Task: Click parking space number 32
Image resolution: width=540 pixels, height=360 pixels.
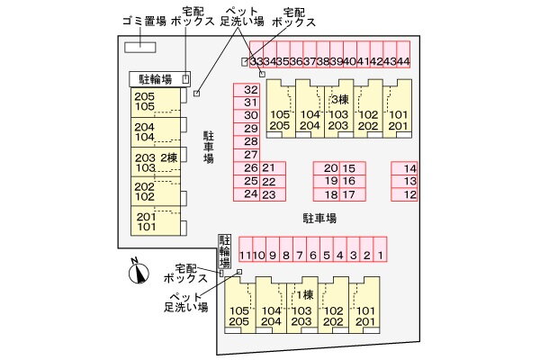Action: pos(251,90)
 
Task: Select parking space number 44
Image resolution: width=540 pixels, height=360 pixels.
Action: pos(403,61)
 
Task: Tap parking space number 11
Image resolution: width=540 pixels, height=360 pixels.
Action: pos(245,256)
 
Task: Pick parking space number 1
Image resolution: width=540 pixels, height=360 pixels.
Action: pos(381,256)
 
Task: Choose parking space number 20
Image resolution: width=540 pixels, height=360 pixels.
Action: pos(330,168)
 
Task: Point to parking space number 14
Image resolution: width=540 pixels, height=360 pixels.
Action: pos(409,168)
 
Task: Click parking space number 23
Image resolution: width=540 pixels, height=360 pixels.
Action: pos(267,193)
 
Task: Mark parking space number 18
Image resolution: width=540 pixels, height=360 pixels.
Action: pos(330,193)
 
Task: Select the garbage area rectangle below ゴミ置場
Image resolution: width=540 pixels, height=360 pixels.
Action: pos(139,47)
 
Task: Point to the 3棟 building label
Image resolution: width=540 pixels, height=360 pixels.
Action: pos(339,99)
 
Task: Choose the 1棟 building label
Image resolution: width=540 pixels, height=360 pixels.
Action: pos(304,295)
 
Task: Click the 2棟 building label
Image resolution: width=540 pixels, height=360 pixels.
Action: pos(169,158)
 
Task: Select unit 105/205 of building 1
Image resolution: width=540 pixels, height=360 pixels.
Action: pos(238,315)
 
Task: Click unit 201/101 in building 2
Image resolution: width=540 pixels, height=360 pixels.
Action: pos(146,220)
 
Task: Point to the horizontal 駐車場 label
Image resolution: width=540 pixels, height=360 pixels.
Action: pos(319,218)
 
